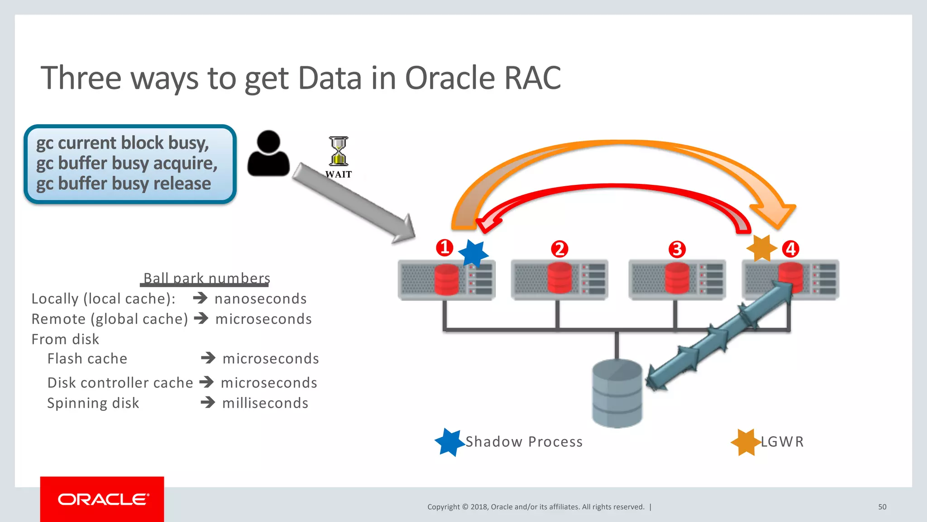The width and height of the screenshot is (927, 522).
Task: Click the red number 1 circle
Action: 444,247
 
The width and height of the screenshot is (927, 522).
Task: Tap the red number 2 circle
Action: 559,249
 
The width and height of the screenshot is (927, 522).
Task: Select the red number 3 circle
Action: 677,249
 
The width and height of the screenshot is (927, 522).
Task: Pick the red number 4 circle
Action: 791,249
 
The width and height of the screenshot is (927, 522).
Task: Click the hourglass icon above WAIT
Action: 339,151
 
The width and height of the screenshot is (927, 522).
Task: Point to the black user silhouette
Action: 268,154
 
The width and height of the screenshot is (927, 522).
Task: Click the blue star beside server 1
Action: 473,253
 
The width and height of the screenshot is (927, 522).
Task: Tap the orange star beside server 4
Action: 762,248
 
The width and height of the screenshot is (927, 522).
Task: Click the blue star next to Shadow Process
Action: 449,442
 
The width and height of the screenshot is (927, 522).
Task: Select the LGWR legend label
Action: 782,441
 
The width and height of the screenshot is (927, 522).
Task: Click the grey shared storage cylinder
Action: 617,393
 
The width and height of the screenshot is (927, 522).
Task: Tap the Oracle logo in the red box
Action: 103,499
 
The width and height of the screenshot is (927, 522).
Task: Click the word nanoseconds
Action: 261,299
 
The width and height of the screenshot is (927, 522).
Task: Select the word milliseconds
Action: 265,403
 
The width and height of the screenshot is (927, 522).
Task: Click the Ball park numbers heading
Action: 206,278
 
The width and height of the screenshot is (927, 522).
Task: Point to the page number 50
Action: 882,507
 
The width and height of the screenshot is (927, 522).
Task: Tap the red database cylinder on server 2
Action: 559,278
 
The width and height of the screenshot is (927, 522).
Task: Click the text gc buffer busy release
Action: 124,184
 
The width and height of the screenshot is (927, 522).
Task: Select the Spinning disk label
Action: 93,403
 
